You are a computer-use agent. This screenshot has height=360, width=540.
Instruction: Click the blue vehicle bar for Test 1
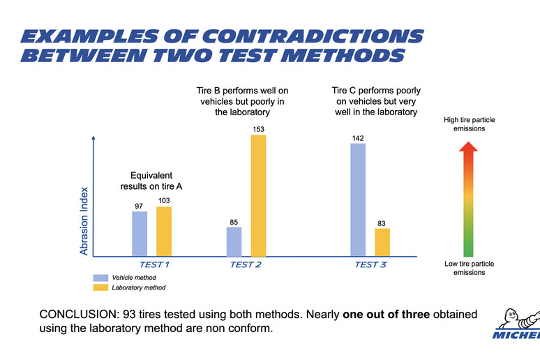point(140,234)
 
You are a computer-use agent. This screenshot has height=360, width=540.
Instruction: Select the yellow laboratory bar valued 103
point(164,232)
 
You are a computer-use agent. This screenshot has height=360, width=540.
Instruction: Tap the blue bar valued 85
point(234,241)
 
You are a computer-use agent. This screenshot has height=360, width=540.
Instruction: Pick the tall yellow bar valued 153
point(258,195)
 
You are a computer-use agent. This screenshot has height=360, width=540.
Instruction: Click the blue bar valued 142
point(358,200)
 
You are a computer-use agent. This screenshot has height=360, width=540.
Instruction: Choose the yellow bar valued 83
point(382,242)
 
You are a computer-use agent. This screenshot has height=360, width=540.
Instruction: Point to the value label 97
point(140,205)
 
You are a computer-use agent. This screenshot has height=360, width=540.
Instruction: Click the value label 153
point(258,129)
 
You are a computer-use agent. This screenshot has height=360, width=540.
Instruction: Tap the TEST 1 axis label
point(154,264)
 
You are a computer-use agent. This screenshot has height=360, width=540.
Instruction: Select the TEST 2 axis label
point(246,264)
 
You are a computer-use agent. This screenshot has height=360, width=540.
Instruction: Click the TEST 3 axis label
point(370,264)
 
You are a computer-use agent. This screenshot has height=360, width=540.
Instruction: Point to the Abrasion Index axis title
point(84,220)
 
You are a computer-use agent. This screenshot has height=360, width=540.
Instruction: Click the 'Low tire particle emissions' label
point(470,268)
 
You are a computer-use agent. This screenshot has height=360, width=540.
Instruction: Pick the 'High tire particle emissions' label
point(470,124)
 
